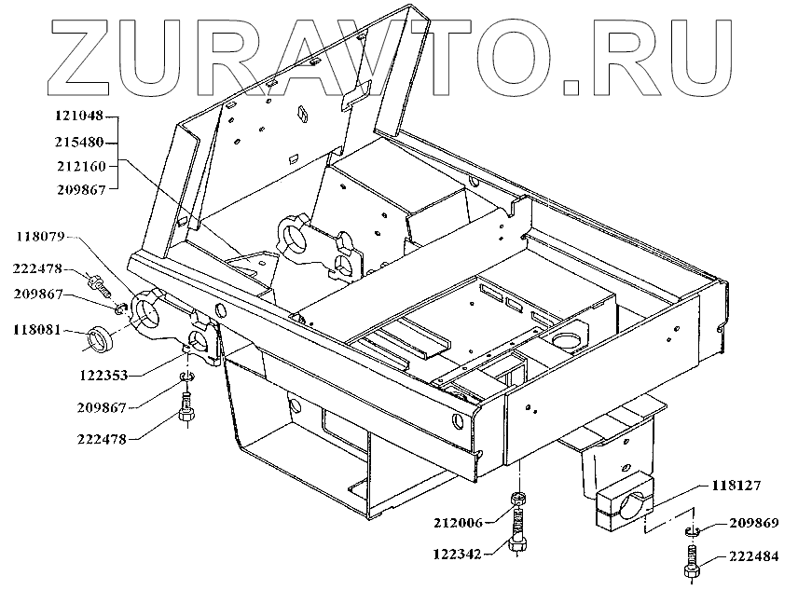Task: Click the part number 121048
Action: coord(80,119)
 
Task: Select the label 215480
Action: coord(80,143)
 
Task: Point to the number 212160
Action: coord(80,166)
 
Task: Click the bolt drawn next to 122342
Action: coord(517,539)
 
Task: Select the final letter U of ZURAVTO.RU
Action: coord(694,54)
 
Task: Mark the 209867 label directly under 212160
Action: coord(80,189)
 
